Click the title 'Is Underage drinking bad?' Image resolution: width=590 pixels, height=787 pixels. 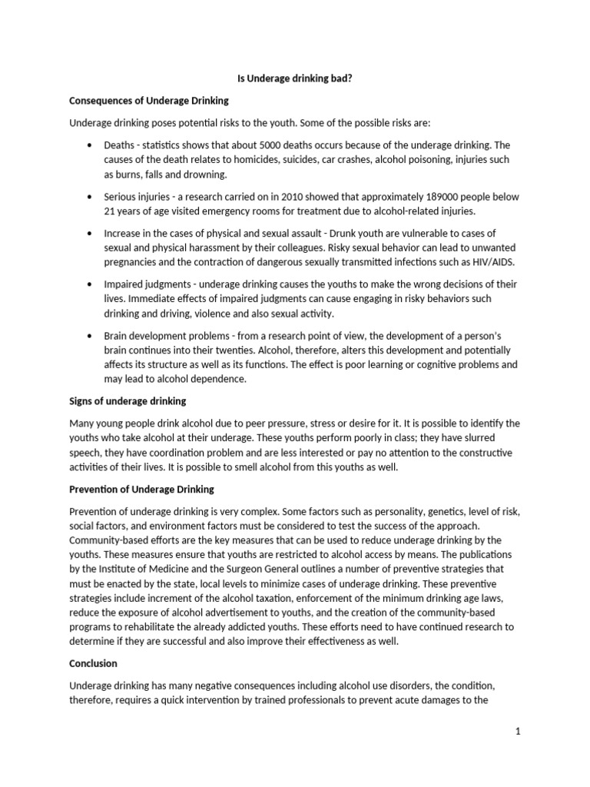coord(294,78)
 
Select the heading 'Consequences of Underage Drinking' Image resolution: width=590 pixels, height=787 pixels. coord(149,101)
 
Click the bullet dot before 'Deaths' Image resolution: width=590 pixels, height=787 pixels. coord(90,145)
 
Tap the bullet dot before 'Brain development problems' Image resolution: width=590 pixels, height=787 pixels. coord(90,336)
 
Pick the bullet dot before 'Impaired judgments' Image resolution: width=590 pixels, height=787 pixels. coord(90,284)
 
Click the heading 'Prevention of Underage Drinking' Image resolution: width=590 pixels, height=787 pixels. coord(142,489)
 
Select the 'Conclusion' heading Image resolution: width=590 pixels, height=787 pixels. coord(94,662)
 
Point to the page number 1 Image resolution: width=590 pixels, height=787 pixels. coord(519,732)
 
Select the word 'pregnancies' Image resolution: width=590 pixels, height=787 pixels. coord(132,262)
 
